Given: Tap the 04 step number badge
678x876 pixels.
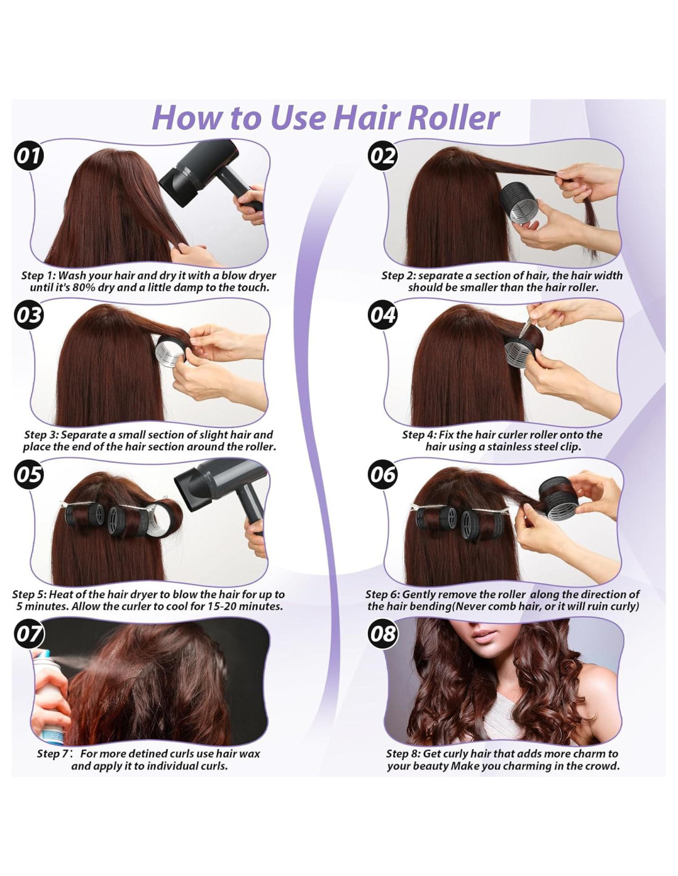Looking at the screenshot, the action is coord(382,315).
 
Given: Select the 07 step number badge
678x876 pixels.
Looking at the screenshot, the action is coord(28,634).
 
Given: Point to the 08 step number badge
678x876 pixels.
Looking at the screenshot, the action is coord(382,634).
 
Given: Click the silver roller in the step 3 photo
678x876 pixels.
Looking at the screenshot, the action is coord(171,352).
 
